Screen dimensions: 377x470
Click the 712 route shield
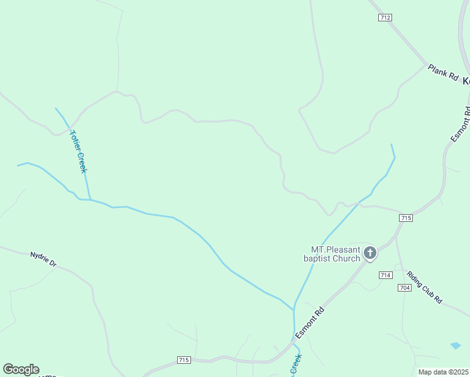pyautogui.click(x=385, y=18)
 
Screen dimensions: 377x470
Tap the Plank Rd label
pyautogui.click(x=444, y=72)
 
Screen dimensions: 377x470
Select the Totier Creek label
pyautogui.click(x=79, y=151)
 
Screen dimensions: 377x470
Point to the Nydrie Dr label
pyautogui.click(x=43, y=259)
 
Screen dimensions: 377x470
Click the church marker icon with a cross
pyautogui.click(x=370, y=253)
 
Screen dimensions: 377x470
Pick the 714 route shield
pyautogui.click(x=386, y=275)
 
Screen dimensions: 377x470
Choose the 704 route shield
pyautogui.click(x=404, y=287)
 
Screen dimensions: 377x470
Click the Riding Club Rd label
pyautogui.click(x=425, y=287)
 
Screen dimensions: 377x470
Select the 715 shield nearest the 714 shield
pyautogui.click(x=405, y=218)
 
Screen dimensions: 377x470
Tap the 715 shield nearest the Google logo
pyautogui.click(x=183, y=360)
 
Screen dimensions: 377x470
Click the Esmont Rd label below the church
pyautogui.click(x=310, y=323)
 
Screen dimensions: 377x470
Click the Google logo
pyautogui.click(x=21, y=369)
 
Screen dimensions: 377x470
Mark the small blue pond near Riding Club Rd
pyautogui.click(x=456, y=346)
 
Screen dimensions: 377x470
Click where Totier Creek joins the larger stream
pyautogui.click(x=90, y=200)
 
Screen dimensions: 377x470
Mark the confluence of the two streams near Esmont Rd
pyautogui.click(x=293, y=309)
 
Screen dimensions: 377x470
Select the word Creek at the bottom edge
pyautogui.click(x=295, y=365)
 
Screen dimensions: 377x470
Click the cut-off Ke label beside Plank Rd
pyautogui.click(x=466, y=81)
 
